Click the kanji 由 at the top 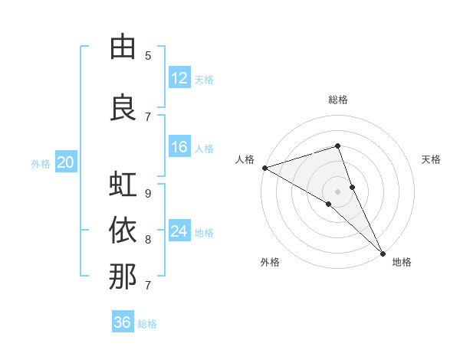123,47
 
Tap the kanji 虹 123,185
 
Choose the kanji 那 123,277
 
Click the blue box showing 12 179,78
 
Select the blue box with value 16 179,147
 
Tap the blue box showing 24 179,231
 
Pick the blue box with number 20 66,162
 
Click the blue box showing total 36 123,322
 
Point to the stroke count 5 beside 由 148,56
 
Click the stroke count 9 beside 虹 148,193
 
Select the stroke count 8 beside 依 148,239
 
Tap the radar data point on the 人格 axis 264,168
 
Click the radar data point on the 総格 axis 337,146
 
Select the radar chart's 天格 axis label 432,159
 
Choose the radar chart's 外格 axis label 270,263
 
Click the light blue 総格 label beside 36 148,324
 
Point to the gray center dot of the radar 337,190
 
